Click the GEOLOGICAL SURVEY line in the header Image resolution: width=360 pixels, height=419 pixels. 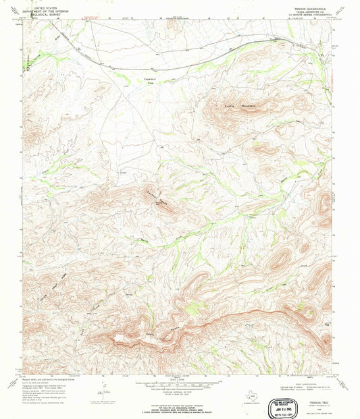[41, 13]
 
